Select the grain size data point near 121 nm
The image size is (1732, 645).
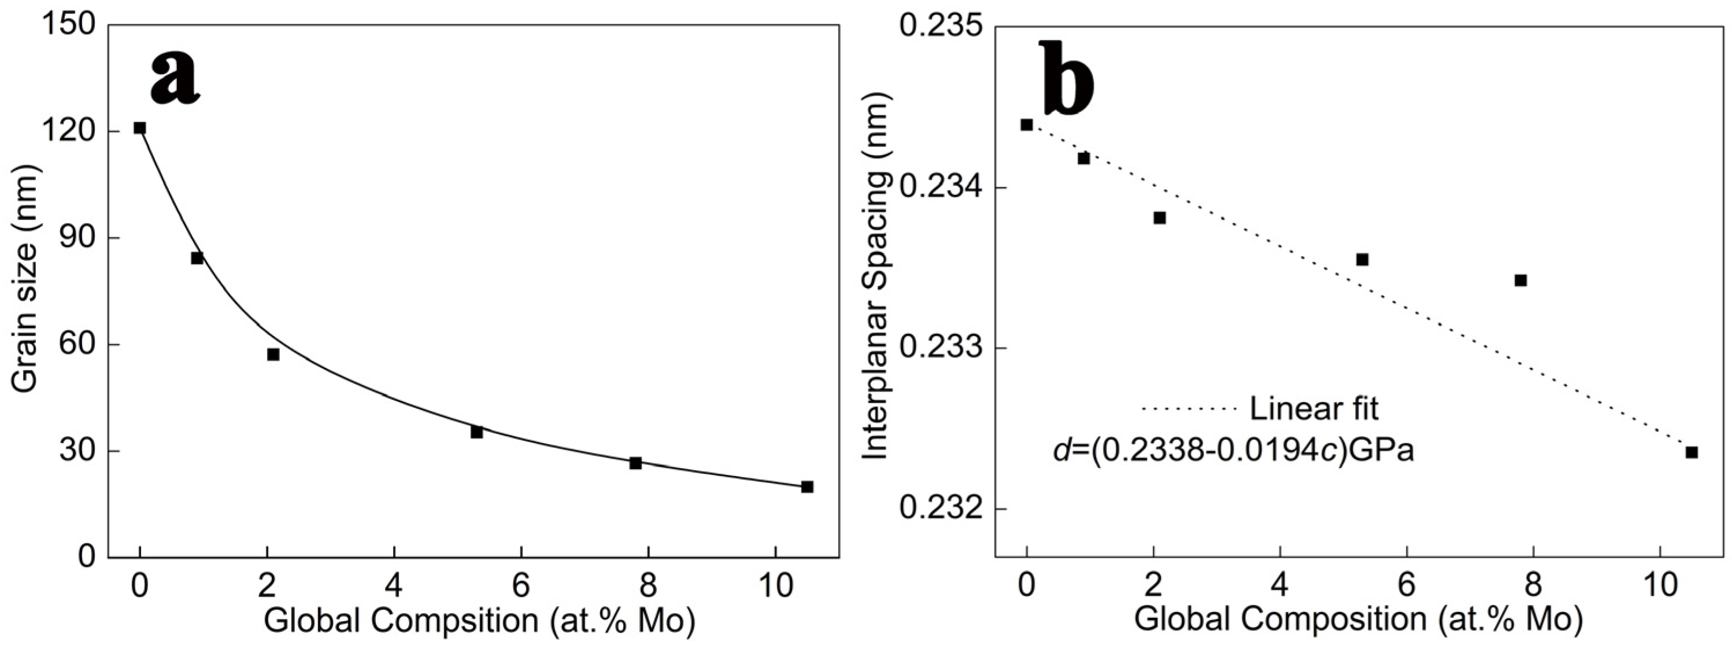click(x=140, y=128)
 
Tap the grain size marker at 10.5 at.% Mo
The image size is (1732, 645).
click(x=807, y=486)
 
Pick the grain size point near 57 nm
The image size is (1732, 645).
click(x=273, y=355)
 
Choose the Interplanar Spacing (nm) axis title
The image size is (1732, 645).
click(x=876, y=276)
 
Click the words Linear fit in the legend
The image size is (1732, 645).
click(x=1314, y=409)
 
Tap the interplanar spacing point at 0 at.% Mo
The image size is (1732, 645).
click(x=1027, y=124)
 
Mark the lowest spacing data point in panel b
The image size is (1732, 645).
click(x=1692, y=452)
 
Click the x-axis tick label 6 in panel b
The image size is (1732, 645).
click(x=1407, y=586)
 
